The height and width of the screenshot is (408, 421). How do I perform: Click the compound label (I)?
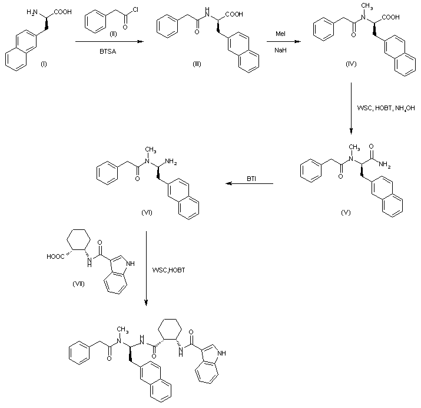(44, 64)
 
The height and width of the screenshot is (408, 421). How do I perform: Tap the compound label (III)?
(196, 63)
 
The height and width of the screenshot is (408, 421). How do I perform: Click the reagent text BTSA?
(108, 52)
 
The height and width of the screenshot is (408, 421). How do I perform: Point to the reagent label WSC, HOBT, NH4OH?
(382, 108)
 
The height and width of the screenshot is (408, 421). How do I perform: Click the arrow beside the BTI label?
(248, 184)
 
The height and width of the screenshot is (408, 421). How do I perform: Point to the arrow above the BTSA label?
(108, 42)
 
